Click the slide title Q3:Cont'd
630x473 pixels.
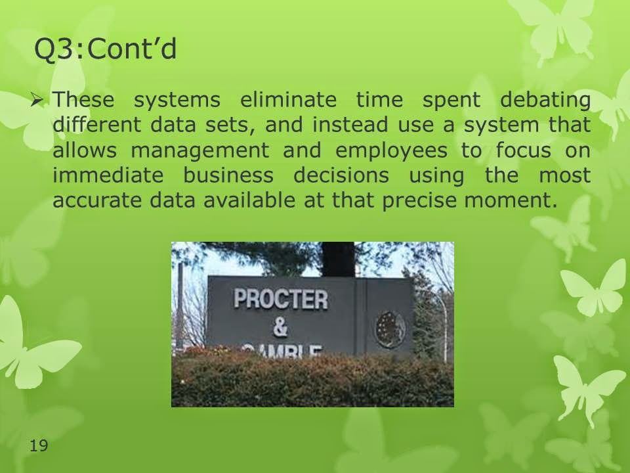[x=105, y=49]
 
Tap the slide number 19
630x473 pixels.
[x=39, y=445]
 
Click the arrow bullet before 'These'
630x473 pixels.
[x=37, y=100]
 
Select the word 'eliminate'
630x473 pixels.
[x=288, y=99]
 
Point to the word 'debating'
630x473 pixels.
[x=545, y=100]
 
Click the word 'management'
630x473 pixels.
[x=200, y=151]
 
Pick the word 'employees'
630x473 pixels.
[x=391, y=151]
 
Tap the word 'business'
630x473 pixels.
[x=228, y=175]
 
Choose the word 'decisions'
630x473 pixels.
[x=341, y=175]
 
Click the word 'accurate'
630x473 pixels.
[x=97, y=200]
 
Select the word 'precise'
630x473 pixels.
[x=419, y=201]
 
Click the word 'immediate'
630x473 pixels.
[x=108, y=175]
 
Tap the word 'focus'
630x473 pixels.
[x=523, y=150]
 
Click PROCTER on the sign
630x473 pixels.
[x=280, y=300]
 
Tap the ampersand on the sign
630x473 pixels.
[x=280, y=327]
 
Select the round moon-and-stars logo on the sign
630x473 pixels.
[x=390, y=329]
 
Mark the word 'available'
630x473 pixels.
[x=249, y=200]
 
